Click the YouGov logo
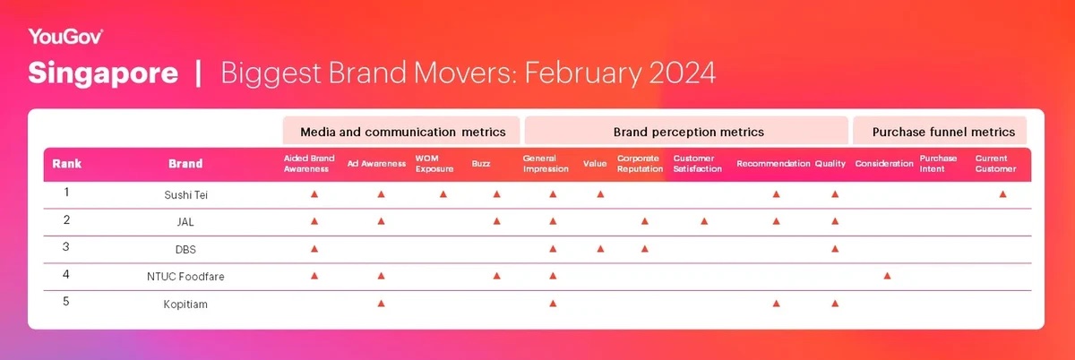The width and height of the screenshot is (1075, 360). (65, 37)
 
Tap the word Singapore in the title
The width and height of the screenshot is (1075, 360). (103, 73)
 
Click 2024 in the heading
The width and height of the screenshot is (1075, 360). (682, 73)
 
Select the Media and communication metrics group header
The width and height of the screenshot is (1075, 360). (402, 132)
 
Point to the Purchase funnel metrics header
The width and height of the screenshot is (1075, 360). (943, 132)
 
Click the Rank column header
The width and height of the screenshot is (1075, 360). (66, 164)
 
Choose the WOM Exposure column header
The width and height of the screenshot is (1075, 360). (434, 164)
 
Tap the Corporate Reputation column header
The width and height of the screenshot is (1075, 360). (640, 164)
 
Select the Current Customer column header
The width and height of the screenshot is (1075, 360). (995, 164)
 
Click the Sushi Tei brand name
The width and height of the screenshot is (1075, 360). (185, 195)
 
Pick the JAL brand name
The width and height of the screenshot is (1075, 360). (185, 222)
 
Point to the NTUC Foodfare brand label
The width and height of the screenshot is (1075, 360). (185, 277)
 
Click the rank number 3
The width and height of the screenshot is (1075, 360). (66, 247)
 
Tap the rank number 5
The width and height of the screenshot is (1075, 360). (66, 302)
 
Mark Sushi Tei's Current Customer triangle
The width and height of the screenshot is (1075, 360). (1002, 194)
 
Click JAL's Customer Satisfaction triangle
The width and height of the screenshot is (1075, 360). (704, 221)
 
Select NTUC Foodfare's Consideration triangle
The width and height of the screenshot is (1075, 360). (888, 276)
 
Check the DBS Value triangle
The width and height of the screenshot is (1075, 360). (600, 249)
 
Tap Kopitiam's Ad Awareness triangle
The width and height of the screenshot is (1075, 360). (381, 304)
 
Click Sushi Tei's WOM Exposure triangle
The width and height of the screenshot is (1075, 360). (443, 194)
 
